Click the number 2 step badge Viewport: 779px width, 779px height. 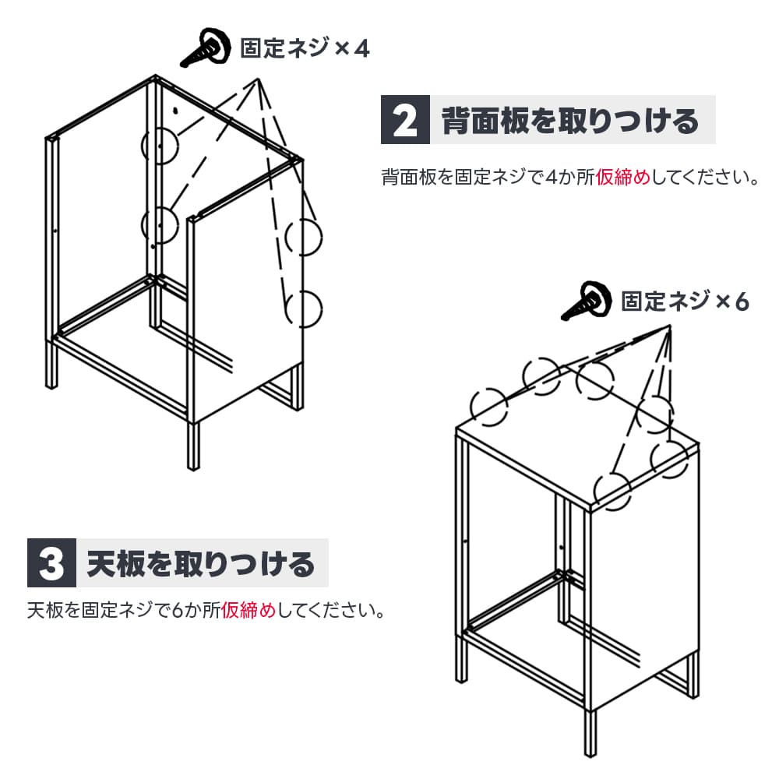point(405,120)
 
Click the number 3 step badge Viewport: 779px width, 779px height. point(51,563)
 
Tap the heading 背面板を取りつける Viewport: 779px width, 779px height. point(570,121)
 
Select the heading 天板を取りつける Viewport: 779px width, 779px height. point(201,563)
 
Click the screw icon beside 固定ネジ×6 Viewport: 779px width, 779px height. point(587,301)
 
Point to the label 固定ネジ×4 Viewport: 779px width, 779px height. point(305,48)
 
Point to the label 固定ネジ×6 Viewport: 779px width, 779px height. point(685,301)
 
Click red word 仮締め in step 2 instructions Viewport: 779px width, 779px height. point(623,177)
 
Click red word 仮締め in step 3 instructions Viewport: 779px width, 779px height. point(249,610)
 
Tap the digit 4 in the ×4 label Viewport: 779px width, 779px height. point(362,48)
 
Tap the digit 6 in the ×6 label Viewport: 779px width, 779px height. point(742,301)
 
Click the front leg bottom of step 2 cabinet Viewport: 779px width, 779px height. point(193,467)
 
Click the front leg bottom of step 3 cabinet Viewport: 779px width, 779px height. point(590,755)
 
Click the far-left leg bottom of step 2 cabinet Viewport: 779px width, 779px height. point(51,386)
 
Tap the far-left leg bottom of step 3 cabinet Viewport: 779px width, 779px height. point(461,679)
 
